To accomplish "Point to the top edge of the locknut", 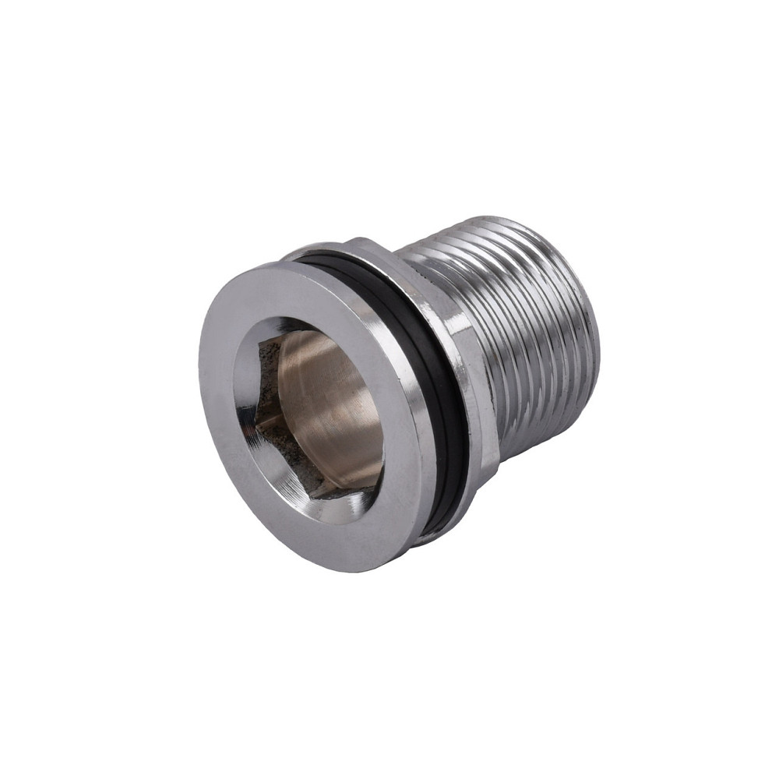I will [x=358, y=241].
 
